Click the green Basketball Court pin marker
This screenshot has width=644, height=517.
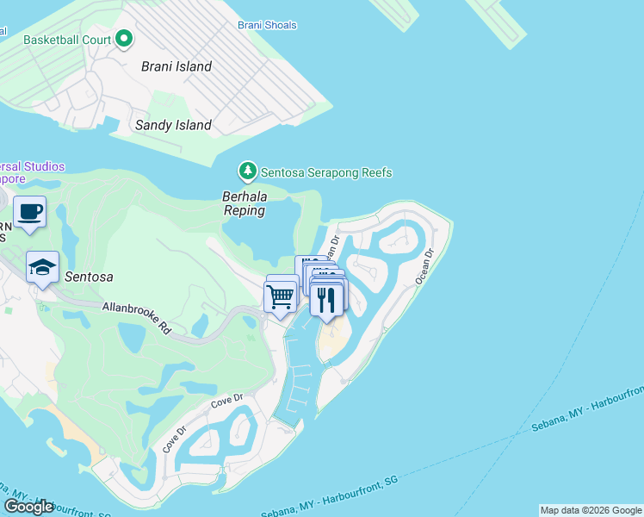(124, 39)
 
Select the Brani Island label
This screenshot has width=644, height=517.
(176, 65)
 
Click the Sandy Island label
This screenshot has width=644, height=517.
(173, 125)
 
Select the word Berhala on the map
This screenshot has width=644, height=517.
(244, 196)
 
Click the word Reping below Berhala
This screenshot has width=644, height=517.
(244, 209)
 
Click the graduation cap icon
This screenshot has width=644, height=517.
(42, 268)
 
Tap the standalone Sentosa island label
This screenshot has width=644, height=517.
(89, 277)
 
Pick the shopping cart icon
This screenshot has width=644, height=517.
(281, 297)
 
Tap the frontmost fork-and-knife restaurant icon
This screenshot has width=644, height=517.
(326, 299)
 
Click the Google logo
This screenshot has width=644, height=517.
(28, 507)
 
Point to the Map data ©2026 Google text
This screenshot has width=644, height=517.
(590, 510)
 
